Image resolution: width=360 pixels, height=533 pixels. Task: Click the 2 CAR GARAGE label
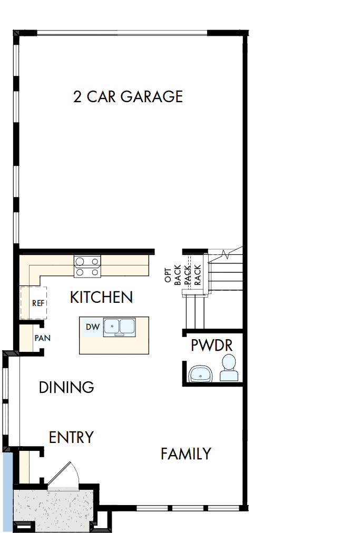(128, 97)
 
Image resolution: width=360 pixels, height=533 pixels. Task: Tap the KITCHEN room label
(101, 297)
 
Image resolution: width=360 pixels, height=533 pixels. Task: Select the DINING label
(66, 388)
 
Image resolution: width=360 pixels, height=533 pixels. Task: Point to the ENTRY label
(71, 437)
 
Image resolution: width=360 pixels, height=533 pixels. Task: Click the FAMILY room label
(186, 453)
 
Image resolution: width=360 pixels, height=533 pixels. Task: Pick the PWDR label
(212, 346)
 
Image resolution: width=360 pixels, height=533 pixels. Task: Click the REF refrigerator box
(34, 303)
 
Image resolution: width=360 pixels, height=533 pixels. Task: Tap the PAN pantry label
(42, 338)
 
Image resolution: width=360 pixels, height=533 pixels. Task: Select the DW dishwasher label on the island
(92, 327)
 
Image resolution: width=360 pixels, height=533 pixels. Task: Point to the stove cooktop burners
(87, 266)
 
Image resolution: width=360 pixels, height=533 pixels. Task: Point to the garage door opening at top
(122, 33)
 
